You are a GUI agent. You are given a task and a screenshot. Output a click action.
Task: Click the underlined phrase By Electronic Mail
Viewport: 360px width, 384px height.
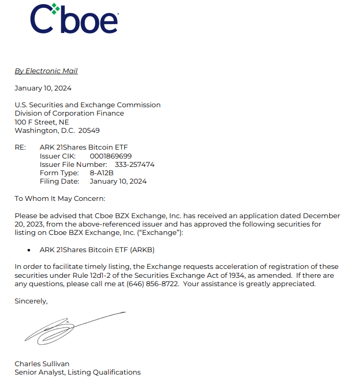tap(46, 71)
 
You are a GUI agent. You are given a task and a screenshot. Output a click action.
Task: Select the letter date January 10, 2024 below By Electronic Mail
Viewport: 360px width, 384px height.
tap(43, 88)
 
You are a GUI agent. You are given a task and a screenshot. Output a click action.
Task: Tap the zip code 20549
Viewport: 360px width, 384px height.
tap(89, 130)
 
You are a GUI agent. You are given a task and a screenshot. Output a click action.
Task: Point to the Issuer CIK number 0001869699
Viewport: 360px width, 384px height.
tap(110, 156)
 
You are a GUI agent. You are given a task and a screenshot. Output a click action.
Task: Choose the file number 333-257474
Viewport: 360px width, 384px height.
tap(134, 164)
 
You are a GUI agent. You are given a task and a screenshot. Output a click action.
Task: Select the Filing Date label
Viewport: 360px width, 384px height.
tap(60, 182)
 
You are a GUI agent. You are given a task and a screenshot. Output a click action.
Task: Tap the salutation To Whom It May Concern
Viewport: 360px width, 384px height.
tap(60, 198)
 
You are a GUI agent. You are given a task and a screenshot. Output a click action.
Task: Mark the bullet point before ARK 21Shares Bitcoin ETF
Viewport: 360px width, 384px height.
tap(28, 250)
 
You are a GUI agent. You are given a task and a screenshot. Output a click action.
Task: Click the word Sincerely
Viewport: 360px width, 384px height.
tap(31, 301)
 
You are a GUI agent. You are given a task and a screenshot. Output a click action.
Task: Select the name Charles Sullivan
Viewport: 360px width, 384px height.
tap(42, 364)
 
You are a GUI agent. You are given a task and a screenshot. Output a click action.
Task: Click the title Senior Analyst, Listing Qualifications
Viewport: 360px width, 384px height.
tap(77, 372)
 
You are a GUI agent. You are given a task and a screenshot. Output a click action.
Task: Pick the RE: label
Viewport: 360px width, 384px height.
tap(20, 148)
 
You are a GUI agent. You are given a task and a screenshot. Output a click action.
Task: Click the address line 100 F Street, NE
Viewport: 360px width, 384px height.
tap(42, 122)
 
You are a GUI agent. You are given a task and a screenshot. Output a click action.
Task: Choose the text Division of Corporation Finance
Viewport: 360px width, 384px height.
tap(69, 113)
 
